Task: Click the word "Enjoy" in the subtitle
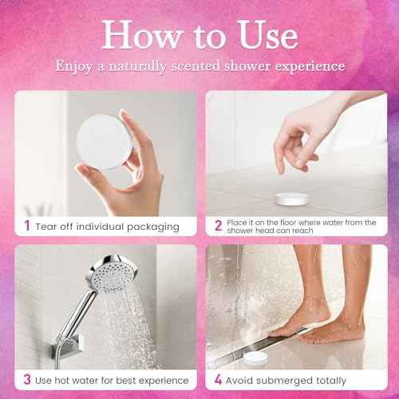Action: pos(74,66)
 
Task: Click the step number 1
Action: pos(27,227)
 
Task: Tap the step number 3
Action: pos(27,380)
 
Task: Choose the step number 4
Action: pos(218,380)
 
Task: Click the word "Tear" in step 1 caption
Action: pos(51,227)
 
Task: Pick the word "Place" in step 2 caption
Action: pos(239,223)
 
